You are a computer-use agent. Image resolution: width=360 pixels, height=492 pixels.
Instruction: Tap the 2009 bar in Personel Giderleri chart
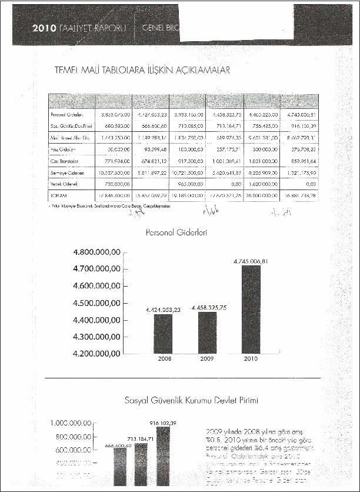(204, 332)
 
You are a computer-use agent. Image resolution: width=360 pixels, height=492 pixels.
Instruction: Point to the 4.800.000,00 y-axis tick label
(96, 252)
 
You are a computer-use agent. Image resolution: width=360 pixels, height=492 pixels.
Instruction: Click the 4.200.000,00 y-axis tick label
(96, 354)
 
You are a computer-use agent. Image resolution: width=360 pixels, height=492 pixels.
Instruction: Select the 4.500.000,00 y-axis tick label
(96, 303)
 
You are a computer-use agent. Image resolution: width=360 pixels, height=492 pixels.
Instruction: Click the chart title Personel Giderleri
(176, 232)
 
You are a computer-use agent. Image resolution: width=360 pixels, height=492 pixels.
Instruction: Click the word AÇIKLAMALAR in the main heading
(196, 70)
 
